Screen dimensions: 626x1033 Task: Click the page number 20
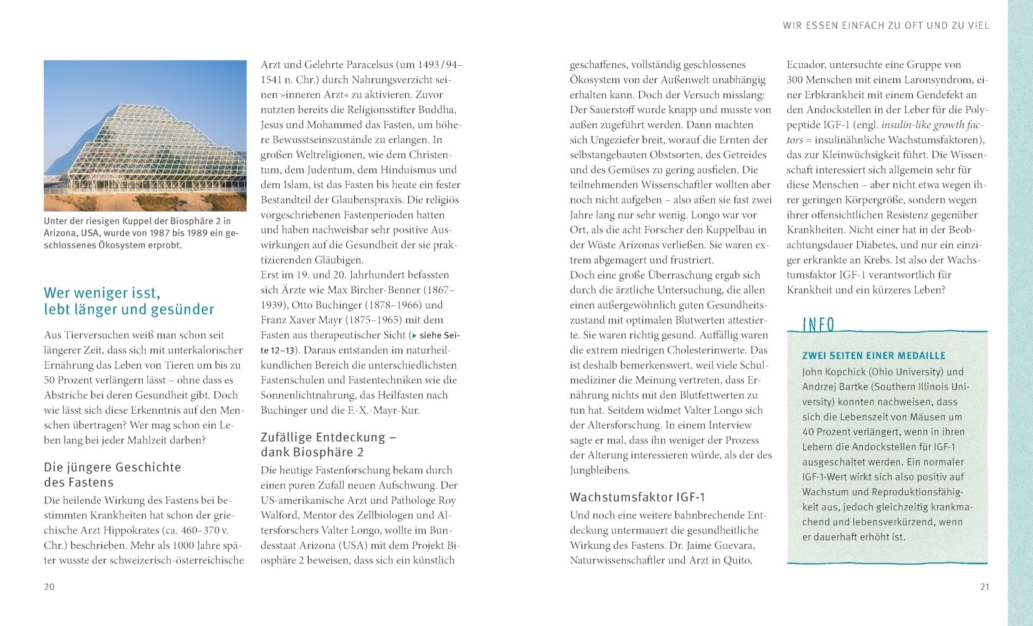(49, 587)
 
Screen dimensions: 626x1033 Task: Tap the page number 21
(985, 587)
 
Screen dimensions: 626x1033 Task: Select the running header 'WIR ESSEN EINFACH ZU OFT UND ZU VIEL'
(886, 26)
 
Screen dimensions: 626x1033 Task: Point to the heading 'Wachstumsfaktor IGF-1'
(637, 497)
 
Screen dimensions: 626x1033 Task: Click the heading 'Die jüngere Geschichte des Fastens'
(113, 475)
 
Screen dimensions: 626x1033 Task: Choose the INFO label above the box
(819, 324)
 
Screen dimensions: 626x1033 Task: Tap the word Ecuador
(809, 64)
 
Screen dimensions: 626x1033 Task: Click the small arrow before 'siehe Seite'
(413, 336)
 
